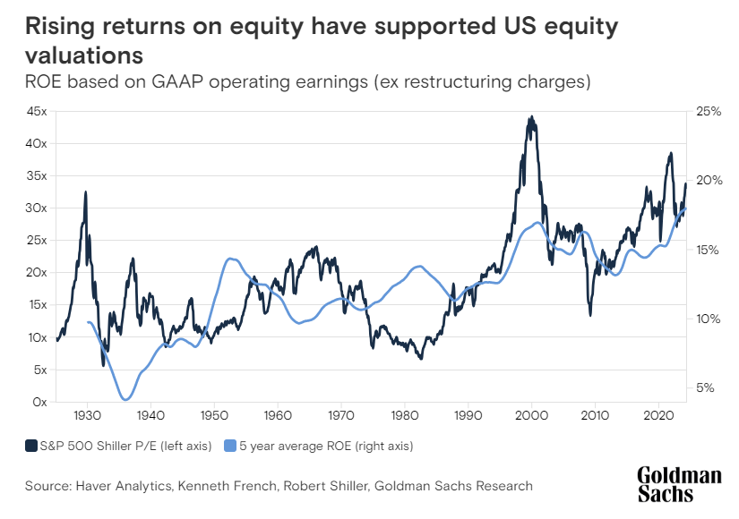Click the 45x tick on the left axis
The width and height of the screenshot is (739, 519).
[x=36, y=112]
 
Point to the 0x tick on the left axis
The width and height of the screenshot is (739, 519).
[x=39, y=402]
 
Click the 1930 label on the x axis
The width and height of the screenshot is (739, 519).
[x=87, y=416]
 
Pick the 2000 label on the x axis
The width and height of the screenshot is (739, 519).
[x=531, y=416]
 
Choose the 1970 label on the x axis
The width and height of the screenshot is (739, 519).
[x=341, y=416]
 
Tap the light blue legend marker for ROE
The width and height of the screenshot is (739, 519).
[x=228, y=445]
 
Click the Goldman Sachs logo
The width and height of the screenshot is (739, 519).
[x=678, y=484]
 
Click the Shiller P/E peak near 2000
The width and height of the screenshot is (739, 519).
[x=531, y=116]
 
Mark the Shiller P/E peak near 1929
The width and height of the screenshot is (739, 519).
[x=86, y=191]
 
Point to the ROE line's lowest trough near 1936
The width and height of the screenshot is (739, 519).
[x=125, y=400]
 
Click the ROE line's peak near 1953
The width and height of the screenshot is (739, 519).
[x=230, y=259]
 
